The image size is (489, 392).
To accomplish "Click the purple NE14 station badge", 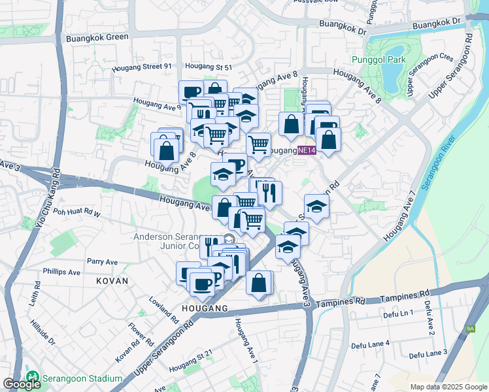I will point(307,151).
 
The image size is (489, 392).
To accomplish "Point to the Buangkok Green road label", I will point(97,37).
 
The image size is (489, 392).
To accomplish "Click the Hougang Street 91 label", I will point(141,67).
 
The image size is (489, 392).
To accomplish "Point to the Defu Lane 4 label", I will point(370,343).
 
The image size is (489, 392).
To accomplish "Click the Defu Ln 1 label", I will point(398,314).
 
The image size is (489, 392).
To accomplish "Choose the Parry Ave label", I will point(102,261).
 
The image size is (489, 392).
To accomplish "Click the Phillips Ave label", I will point(61,272).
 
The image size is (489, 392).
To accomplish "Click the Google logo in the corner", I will point(22,384).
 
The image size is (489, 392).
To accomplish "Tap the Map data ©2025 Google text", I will point(448,387).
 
